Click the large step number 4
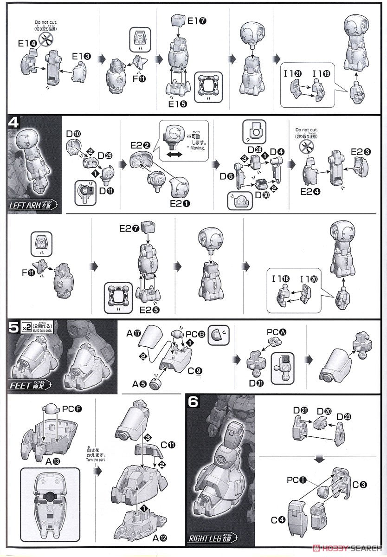coord(14,123)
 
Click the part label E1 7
coord(197,21)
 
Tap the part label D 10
coord(73,135)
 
